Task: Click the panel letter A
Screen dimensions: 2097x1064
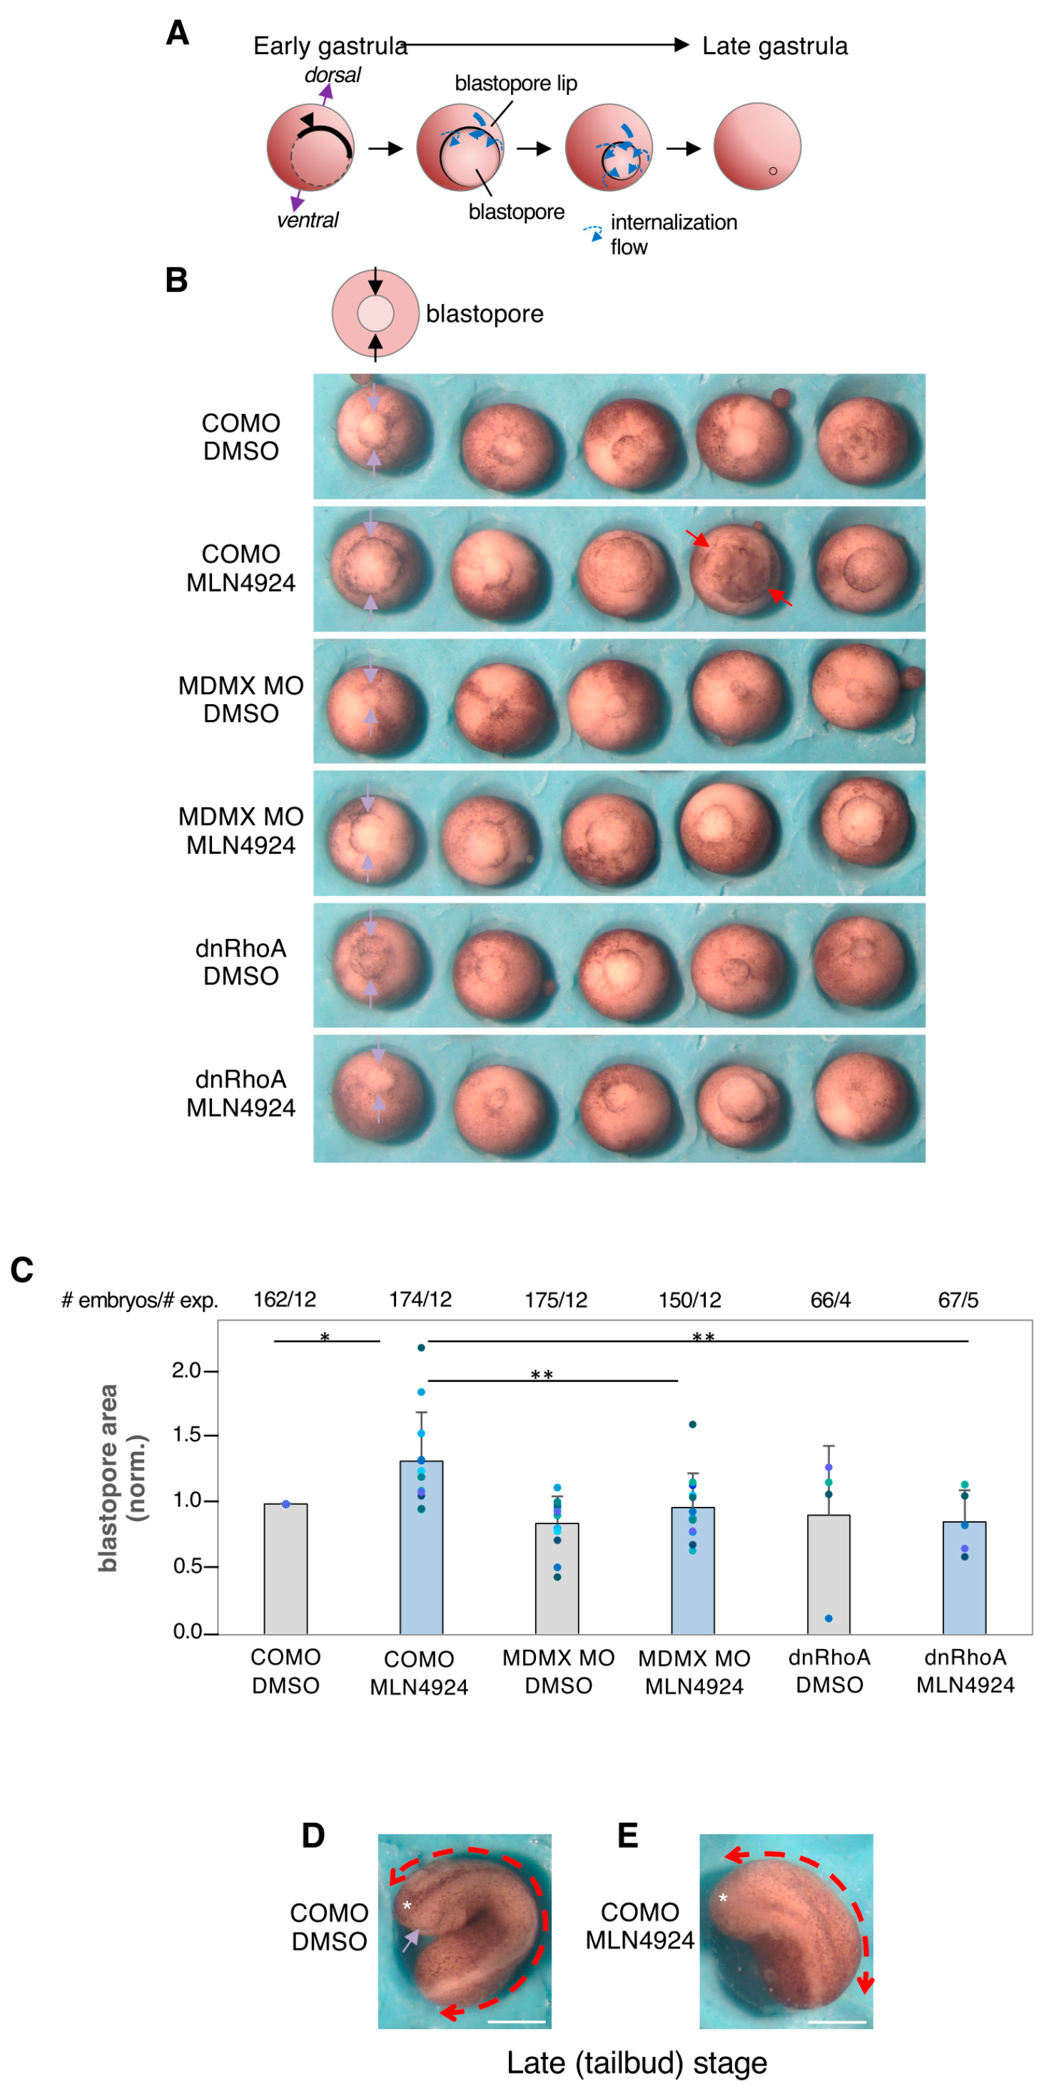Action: click(x=178, y=34)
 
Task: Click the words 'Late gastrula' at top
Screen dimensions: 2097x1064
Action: click(x=774, y=46)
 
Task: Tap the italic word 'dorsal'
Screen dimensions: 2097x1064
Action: click(x=332, y=75)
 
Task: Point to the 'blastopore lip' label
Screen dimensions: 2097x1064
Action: click(x=515, y=84)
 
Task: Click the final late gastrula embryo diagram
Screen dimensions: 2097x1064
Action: click(x=757, y=146)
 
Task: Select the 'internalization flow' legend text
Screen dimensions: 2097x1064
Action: click(x=673, y=235)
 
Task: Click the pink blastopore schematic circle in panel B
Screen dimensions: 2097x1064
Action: click(x=375, y=313)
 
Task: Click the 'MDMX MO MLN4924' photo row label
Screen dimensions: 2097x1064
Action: click(x=241, y=831)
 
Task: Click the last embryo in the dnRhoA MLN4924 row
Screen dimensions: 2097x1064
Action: click(x=861, y=1097)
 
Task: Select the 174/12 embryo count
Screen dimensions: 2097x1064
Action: click(x=420, y=1299)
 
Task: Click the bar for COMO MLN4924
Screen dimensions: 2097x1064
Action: click(x=421, y=1547)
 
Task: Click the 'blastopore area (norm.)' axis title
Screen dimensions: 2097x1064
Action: click(x=120, y=1478)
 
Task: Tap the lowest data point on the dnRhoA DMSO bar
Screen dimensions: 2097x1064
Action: click(x=829, y=1618)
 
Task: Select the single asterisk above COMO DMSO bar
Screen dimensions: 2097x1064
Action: click(x=325, y=1338)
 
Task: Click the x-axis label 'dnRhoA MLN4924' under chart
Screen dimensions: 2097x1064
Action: click(x=965, y=1671)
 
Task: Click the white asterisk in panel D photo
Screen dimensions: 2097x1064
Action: click(x=407, y=1906)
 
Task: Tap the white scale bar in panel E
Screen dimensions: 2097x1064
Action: click(x=838, y=2021)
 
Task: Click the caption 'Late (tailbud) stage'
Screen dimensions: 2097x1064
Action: click(x=637, y=2063)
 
